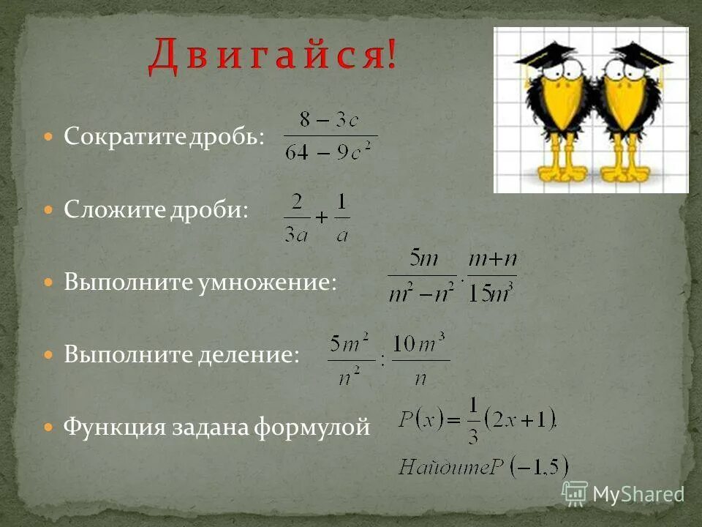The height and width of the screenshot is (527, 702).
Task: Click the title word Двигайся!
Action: pos(273,56)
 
